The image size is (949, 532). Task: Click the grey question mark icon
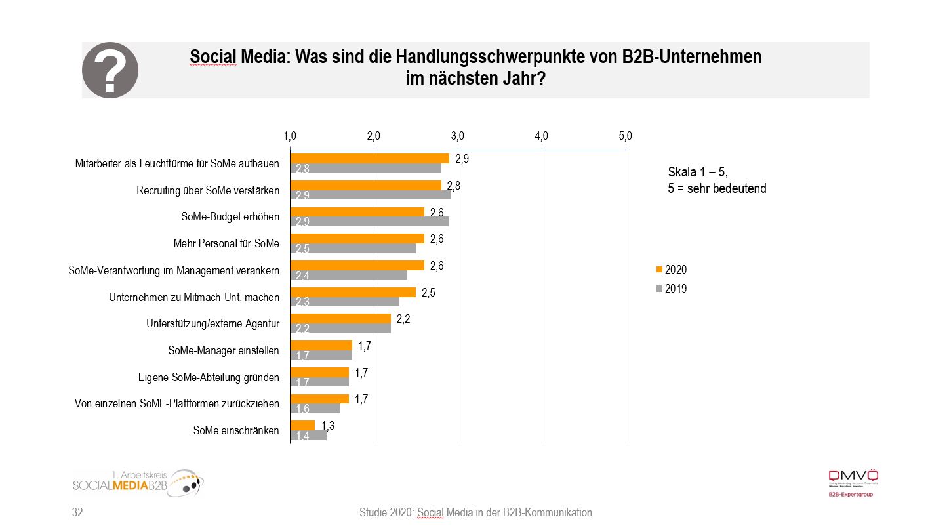[110, 70]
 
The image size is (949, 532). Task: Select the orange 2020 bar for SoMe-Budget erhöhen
[357, 212]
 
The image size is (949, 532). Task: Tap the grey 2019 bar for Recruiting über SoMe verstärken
[370, 195]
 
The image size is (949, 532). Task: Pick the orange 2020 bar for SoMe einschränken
[302, 425]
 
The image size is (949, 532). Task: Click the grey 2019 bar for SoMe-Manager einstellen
[321, 355]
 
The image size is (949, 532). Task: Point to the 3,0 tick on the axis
[458, 136]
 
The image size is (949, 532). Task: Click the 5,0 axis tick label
[625, 136]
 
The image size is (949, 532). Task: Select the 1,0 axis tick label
[290, 136]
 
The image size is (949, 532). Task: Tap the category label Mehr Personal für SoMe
[226, 244]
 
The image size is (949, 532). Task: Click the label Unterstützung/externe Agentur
[213, 323]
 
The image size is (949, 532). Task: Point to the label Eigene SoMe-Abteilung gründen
[209, 377]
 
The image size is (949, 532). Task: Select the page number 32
[77, 512]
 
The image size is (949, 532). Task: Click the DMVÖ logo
[853, 482]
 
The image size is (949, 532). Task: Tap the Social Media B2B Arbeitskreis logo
[138, 484]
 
